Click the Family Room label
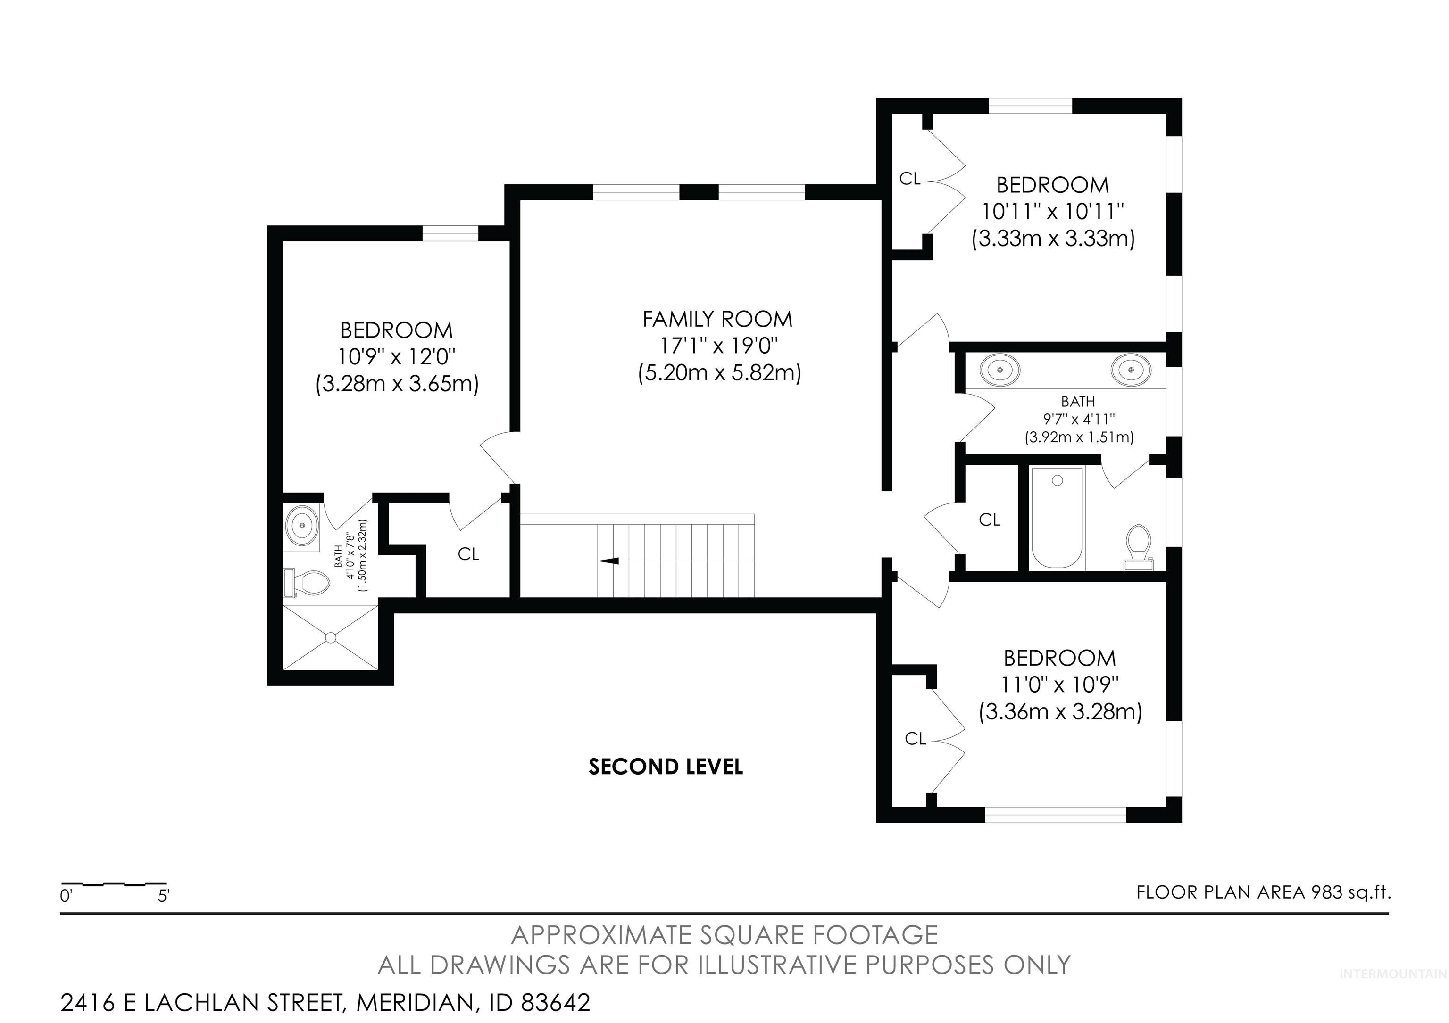(717, 319)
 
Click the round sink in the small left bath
(303, 525)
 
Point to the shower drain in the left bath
(331, 638)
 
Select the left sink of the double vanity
(1000, 370)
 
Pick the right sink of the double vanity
(1130, 370)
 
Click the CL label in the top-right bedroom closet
(909, 179)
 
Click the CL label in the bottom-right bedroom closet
(915, 739)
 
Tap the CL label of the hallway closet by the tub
(989, 520)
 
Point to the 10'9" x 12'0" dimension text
(397, 357)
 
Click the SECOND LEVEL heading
(666, 767)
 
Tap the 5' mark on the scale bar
(164, 896)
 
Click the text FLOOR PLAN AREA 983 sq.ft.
(1264, 892)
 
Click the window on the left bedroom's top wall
(450, 233)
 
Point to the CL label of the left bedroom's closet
(468, 554)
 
